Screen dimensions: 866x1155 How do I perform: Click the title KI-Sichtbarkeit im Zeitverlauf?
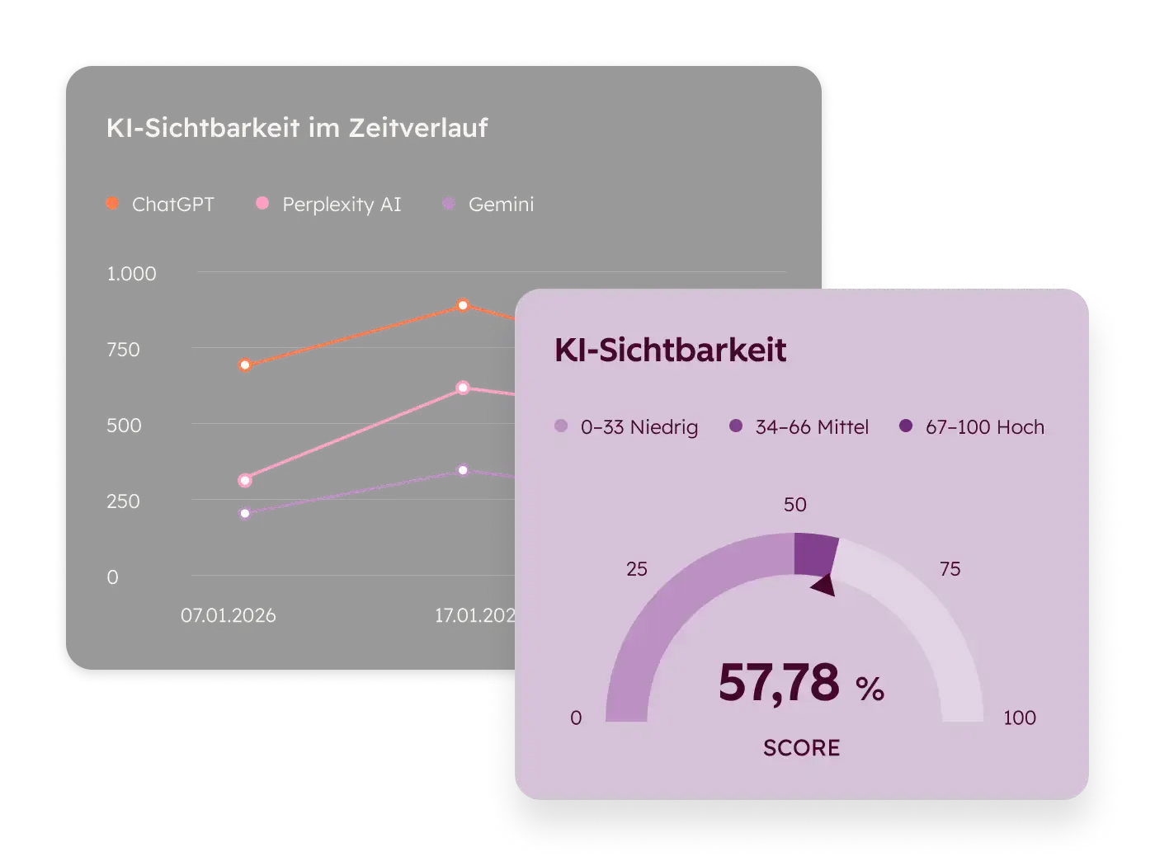click(x=297, y=128)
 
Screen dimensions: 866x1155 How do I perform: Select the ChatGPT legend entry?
click(x=161, y=204)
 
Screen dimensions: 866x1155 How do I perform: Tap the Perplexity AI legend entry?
click(x=329, y=204)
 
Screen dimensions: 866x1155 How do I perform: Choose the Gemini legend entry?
click(x=488, y=204)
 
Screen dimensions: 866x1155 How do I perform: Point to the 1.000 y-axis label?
click(x=131, y=274)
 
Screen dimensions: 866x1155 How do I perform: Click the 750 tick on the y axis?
click(x=123, y=350)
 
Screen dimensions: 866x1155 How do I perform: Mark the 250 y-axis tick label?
click(x=123, y=501)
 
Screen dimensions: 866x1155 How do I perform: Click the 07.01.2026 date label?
click(x=229, y=615)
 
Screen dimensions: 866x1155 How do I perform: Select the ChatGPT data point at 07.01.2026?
click(x=245, y=365)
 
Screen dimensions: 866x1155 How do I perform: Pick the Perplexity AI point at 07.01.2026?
click(x=245, y=480)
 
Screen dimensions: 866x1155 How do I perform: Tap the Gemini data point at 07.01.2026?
click(x=245, y=513)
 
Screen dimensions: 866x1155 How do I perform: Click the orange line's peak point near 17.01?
click(x=463, y=305)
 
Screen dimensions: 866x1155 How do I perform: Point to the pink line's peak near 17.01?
click(x=463, y=388)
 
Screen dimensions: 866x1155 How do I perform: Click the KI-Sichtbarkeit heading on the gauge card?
click(x=670, y=350)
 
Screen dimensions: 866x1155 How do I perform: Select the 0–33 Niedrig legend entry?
click(x=627, y=427)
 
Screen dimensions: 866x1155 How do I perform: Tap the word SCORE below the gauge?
click(x=801, y=748)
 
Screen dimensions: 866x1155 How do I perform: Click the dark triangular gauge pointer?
click(x=824, y=585)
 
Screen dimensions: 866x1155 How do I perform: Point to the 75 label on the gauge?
click(x=950, y=569)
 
